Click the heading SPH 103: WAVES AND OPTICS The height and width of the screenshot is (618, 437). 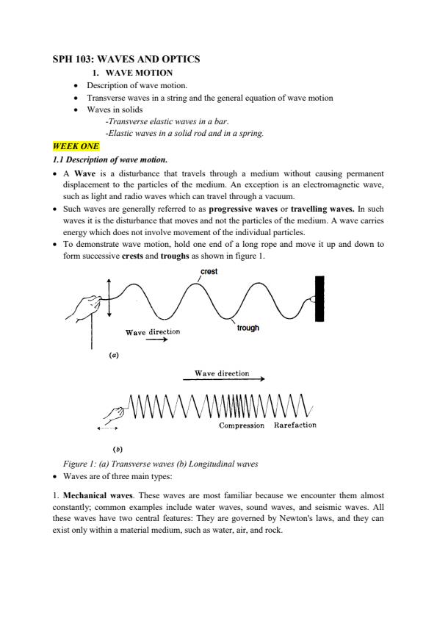click(126, 58)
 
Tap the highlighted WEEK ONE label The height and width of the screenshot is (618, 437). click(76, 146)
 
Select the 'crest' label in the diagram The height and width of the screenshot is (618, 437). click(209, 272)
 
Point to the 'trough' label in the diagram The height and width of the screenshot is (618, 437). click(248, 328)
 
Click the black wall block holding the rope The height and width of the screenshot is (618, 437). click(319, 299)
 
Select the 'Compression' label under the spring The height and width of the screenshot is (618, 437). click(242, 425)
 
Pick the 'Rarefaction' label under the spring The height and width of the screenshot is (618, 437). click(295, 425)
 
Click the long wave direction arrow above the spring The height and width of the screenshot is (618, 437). click(224, 380)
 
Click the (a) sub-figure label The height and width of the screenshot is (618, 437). click(114, 353)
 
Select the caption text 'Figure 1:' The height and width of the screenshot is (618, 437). click(82, 464)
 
